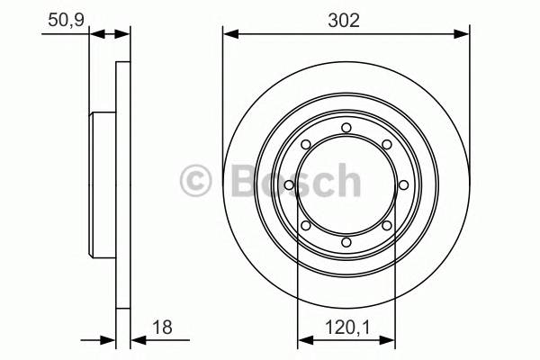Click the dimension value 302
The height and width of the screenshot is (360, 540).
[x=346, y=20]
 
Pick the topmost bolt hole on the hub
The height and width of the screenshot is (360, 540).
[x=346, y=127]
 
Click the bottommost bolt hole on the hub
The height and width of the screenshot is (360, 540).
[x=346, y=243]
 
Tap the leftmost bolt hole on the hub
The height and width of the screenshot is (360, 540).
[x=288, y=185]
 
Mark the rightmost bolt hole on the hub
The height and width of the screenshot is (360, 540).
[x=403, y=185]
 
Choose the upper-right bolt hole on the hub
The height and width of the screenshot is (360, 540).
[x=386, y=144]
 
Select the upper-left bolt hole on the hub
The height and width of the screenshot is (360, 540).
[x=305, y=144]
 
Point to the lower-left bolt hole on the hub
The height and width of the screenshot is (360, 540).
[x=305, y=226]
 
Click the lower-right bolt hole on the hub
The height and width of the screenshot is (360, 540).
[x=386, y=226]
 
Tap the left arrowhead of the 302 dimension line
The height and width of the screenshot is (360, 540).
[x=229, y=35]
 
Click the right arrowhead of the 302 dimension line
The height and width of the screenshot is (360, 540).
[x=463, y=35]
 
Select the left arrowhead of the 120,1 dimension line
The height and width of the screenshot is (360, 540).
[x=303, y=341]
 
